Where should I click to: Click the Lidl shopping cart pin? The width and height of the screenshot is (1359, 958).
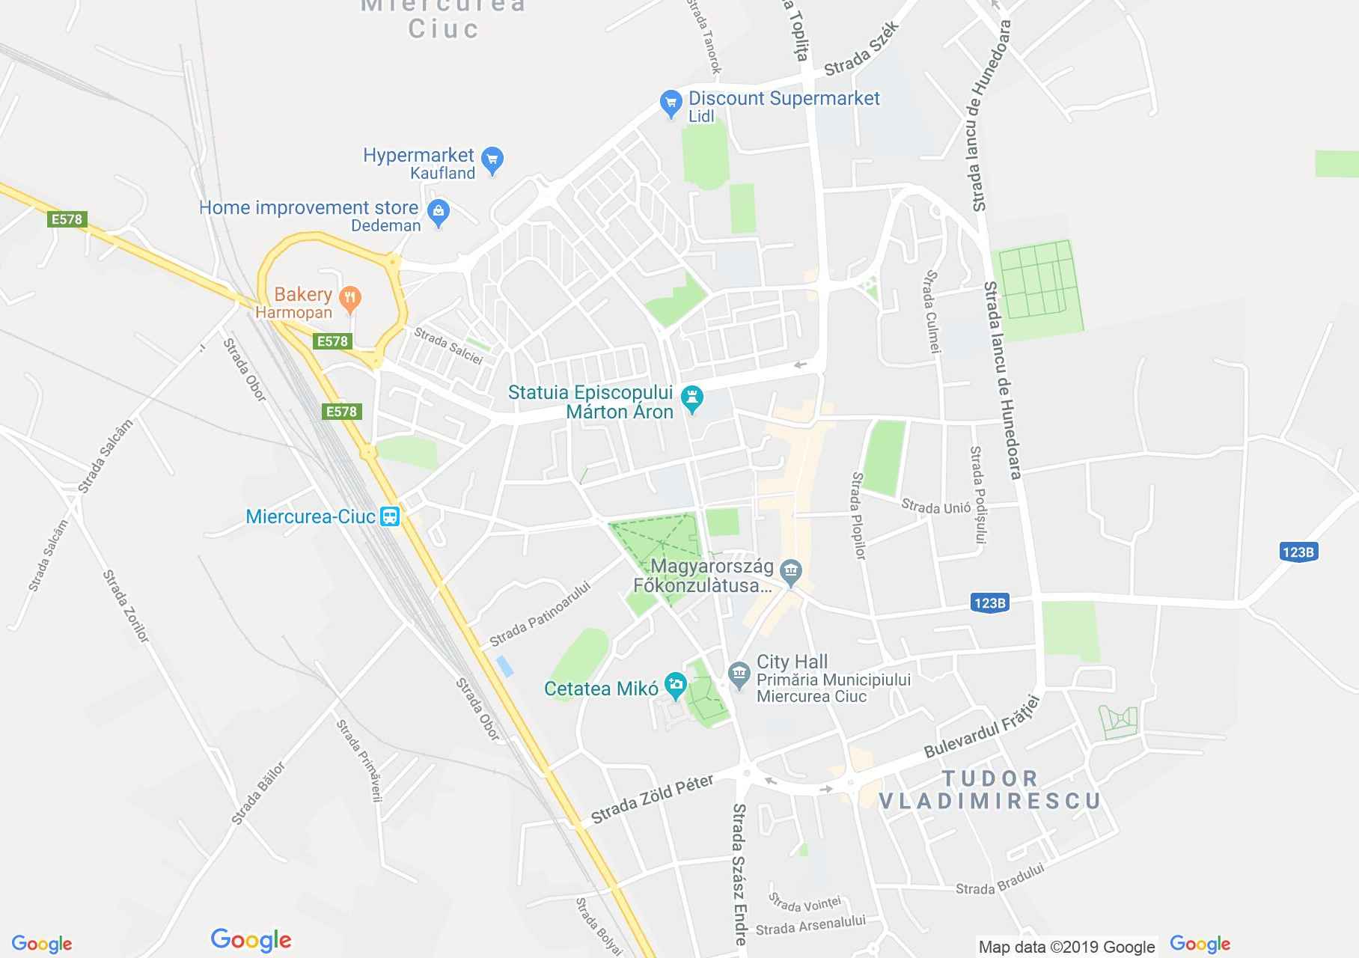pos(671,104)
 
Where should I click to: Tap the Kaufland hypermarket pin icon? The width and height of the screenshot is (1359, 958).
pos(492,159)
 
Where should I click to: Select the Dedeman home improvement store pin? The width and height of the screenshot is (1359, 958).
pos(439,213)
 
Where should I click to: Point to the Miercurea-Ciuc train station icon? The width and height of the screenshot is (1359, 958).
pos(389,516)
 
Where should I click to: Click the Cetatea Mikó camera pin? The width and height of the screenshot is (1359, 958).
pos(676,684)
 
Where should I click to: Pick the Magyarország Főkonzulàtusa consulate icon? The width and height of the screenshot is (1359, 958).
pos(790,573)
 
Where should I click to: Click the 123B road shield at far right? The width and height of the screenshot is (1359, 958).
pos(1298,552)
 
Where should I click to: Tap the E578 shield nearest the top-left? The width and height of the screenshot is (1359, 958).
pos(67,219)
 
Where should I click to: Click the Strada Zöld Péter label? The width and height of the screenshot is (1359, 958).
pos(653,800)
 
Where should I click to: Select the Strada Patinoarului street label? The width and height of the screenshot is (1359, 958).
pos(540,614)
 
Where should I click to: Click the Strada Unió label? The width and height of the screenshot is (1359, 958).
pos(935,507)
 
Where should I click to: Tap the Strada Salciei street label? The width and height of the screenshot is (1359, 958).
pos(448,346)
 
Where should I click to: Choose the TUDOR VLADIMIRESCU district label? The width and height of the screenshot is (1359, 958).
pos(989,790)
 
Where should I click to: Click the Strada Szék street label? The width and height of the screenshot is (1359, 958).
pos(861,49)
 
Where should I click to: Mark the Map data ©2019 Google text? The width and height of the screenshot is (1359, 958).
pos(1066,947)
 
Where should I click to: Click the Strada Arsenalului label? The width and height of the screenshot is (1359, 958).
pos(810,925)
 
